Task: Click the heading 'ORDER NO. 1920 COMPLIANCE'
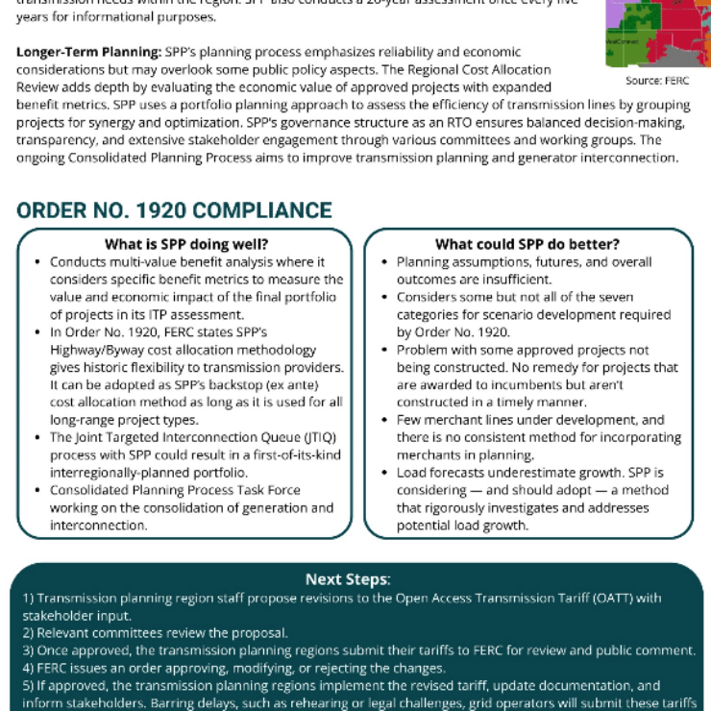point(175,210)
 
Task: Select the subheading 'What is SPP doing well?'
point(185,244)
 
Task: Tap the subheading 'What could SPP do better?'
point(527,244)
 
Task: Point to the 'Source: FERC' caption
point(657,81)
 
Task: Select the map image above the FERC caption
point(658,33)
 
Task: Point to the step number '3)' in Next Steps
point(29,650)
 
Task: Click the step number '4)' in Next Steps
point(29,668)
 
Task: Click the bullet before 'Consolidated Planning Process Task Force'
point(37,490)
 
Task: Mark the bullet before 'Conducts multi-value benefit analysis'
point(37,262)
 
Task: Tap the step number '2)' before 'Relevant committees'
point(29,632)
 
